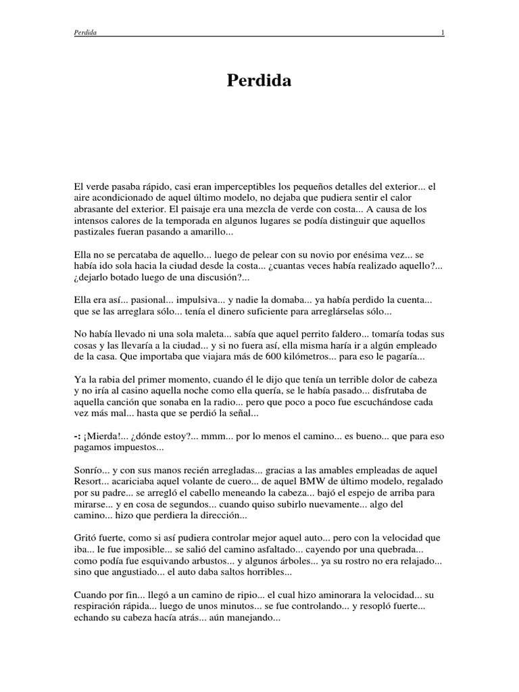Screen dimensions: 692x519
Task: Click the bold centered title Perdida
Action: pyautogui.click(x=259, y=81)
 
